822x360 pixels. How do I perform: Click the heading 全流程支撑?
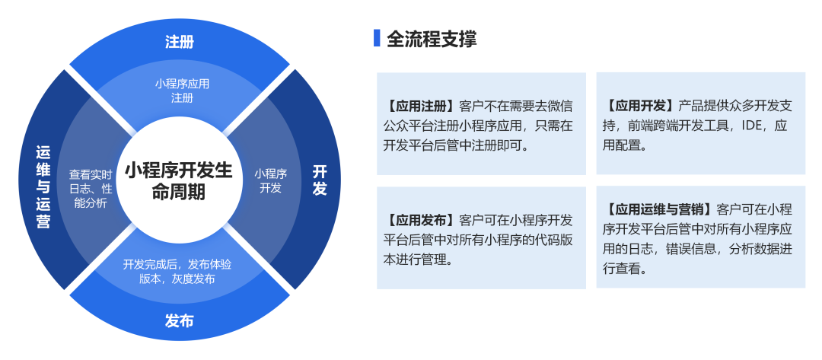pos(432,40)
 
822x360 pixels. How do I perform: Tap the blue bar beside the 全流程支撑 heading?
pos(377,38)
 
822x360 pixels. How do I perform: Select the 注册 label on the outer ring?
pos(180,42)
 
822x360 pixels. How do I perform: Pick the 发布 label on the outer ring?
pos(180,320)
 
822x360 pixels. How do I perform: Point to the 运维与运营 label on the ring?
pos(43,186)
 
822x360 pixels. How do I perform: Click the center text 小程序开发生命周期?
pos(178,181)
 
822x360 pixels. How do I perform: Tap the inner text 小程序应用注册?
pos(182,91)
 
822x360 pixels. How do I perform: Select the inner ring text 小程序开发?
pos(270,181)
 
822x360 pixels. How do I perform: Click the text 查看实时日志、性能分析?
pos(91,188)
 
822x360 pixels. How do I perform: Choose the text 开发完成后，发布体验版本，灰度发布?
pos(177,272)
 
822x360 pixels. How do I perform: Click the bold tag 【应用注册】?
pos(420,107)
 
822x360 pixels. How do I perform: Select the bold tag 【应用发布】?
pos(420,219)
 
